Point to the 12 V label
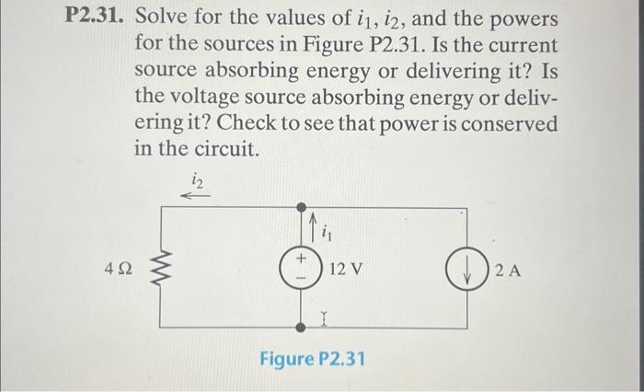point(346,270)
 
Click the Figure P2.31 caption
point(311,357)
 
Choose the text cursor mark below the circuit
point(323,319)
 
